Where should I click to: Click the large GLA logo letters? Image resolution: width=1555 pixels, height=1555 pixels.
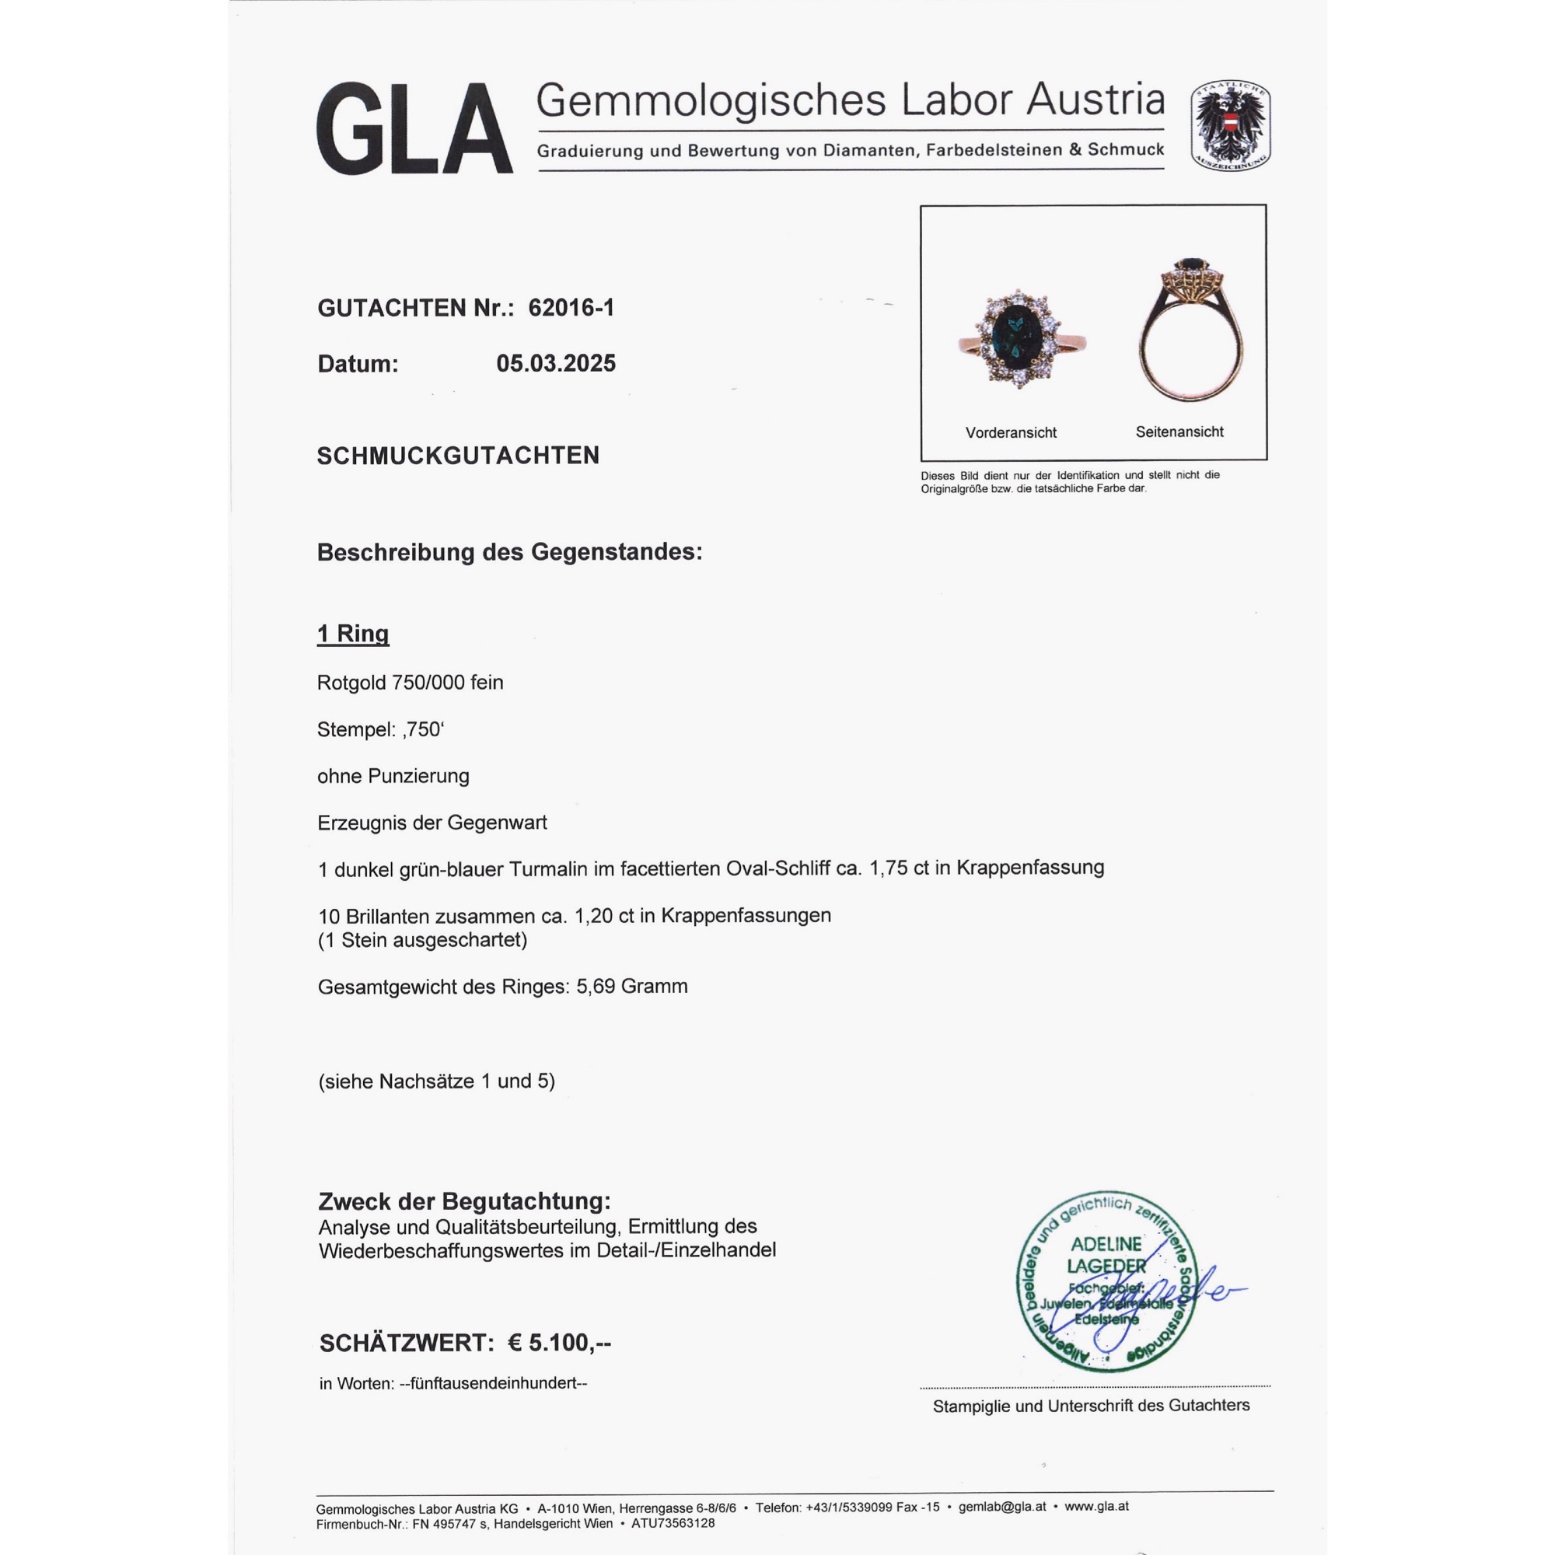click(414, 129)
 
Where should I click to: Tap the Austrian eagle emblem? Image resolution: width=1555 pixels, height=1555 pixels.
click(1230, 125)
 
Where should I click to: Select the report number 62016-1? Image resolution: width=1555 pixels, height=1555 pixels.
click(571, 307)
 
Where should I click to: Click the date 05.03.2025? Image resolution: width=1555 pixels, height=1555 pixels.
click(555, 363)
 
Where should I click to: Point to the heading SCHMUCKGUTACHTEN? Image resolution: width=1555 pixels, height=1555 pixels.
click(458, 456)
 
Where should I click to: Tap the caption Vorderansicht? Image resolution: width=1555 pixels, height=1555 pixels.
click(1011, 432)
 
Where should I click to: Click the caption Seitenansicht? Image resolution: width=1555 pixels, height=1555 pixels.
click(1179, 432)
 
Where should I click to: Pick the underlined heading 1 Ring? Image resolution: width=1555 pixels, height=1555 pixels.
click(352, 634)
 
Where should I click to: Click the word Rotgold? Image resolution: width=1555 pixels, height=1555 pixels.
click(351, 683)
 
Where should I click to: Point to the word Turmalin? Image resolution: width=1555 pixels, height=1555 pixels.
click(548, 868)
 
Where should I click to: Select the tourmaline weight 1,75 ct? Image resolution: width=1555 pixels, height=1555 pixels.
click(899, 868)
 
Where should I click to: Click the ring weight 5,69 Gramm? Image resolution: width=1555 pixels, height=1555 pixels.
click(632, 986)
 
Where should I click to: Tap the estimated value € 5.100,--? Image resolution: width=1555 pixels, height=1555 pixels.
click(559, 1343)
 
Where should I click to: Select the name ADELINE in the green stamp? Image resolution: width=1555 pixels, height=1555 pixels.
click(1106, 1244)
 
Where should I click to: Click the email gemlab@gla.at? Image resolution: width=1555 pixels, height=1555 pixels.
click(1002, 1507)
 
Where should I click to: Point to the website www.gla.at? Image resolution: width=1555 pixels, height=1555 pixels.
click(1096, 1506)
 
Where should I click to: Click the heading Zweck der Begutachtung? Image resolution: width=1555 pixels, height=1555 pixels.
click(464, 1201)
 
